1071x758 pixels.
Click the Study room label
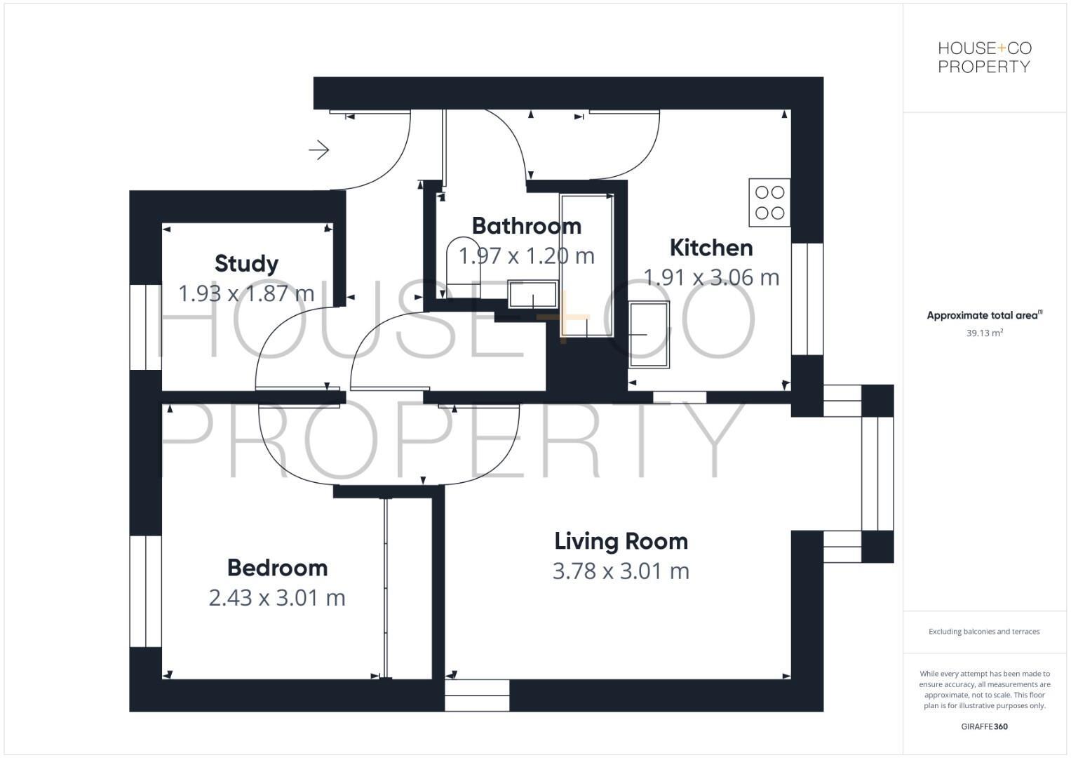pyautogui.click(x=246, y=264)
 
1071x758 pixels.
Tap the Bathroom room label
pyautogui.click(x=526, y=226)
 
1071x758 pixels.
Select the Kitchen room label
pyautogui.click(x=710, y=248)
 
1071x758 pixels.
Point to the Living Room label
pyautogui.click(x=621, y=541)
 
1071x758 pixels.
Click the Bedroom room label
pyautogui.click(x=277, y=568)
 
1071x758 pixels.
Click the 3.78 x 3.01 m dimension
pyautogui.click(x=621, y=571)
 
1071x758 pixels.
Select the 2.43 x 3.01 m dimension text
pyautogui.click(x=277, y=598)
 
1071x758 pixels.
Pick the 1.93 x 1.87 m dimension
pyautogui.click(x=246, y=293)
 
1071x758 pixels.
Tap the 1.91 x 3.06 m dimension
pyautogui.click(x=710, y=278)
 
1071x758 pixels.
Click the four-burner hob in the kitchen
pyautogui.click(x=769, y=203)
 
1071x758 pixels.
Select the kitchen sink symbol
pyautogui.click(x=649, y=335)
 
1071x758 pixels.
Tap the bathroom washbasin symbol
pyautogui.click(x=533, y=295)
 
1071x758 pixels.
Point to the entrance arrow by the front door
pyautogui.click(x=319, y=149)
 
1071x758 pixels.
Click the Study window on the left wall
pyautogui.click(x=145, y=327)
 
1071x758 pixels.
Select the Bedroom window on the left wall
pyautogui.click(x=145, y=591)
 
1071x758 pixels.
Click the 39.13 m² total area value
pyautogui.click(x=984, y=333)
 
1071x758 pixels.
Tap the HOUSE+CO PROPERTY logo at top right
pyautogui.click(x=984, y=58)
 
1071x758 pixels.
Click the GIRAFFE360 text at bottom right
pyautogui.click(x=984, y=726)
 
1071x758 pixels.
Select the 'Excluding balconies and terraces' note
pyautogui.click(x=984, y=632)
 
